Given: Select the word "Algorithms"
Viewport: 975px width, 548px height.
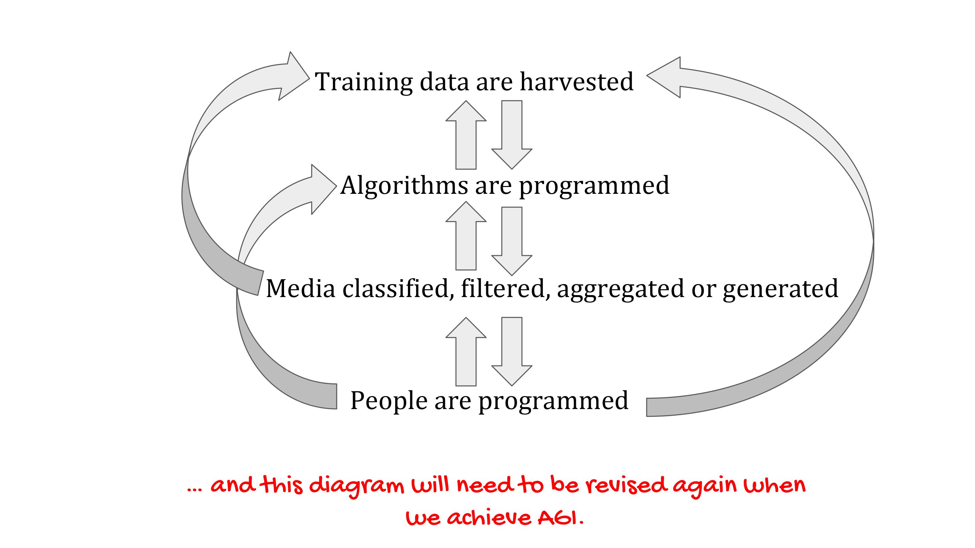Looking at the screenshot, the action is tap(404, 186).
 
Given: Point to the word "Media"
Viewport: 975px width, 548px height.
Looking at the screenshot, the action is tap(301, 288).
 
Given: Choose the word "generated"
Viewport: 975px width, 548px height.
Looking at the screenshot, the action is tap(780, 290).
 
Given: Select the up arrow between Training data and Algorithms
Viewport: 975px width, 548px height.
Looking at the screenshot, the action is tap(466, 135).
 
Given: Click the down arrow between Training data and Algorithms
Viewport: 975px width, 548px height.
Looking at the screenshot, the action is tap(512, 135).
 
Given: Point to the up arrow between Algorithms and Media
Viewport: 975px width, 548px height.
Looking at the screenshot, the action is tap(466, 236).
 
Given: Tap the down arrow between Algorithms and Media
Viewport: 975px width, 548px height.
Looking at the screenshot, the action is tap(512, 241).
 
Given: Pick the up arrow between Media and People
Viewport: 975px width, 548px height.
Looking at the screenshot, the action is tap(466, 352).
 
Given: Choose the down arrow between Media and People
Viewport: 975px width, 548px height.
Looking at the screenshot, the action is tap(512, 352).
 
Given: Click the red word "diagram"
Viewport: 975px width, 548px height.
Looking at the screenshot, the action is tap(357, 487).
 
